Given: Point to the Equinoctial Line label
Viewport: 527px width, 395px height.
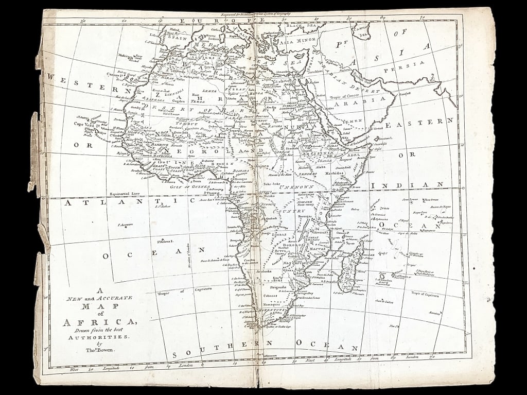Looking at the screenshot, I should (125, 194).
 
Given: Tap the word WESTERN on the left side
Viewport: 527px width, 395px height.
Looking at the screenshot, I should (83, 83).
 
